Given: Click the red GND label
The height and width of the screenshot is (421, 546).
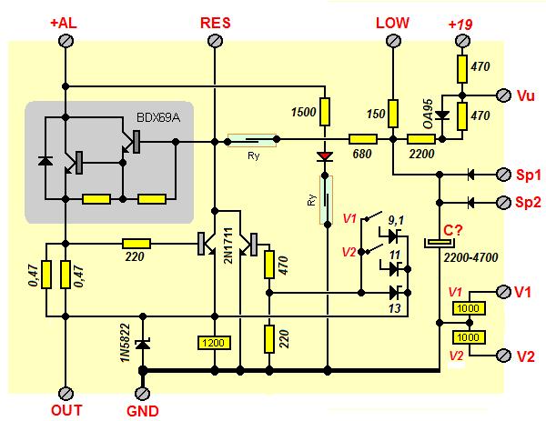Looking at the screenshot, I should click(142, 411).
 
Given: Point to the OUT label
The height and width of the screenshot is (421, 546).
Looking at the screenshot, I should click(66, 411).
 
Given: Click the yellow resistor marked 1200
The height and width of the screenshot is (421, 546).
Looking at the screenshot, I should click(214, 344).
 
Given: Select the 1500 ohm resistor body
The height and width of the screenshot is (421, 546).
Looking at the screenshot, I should click(323, 112).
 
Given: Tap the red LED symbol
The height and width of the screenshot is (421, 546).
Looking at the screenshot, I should click(323, 156).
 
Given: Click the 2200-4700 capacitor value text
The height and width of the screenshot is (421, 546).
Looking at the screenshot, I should click(471, 258).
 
